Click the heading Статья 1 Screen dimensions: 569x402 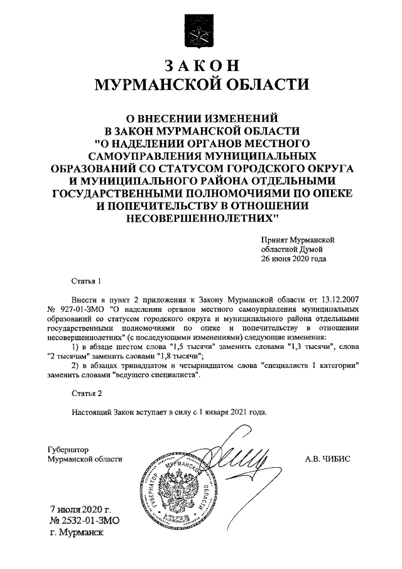(x=85, y=280)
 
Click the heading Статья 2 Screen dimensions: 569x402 (x=85, y=394)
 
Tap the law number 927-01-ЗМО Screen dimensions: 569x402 (x=84, y=309)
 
